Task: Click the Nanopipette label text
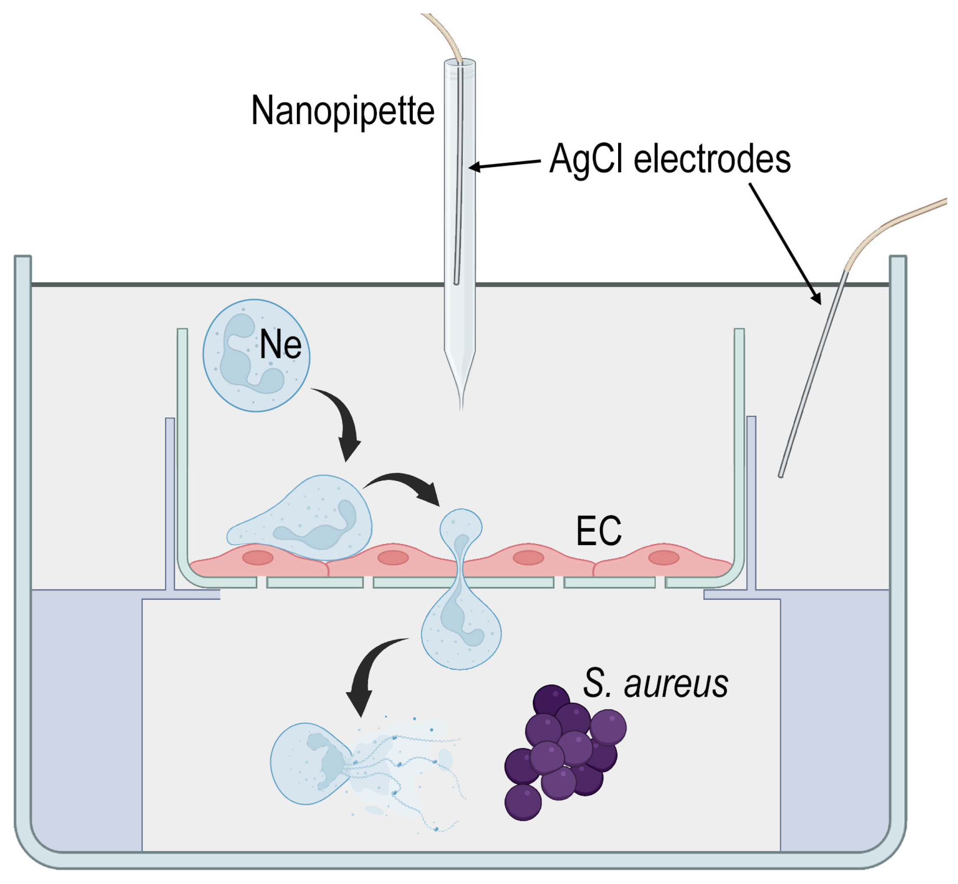click(x=343, y=111)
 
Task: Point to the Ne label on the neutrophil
click(x=280, y=345)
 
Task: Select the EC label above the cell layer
click(x=599, y=531)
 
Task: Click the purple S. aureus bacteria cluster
click(x=565, y=753)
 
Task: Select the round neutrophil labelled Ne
click(x=256, y=356)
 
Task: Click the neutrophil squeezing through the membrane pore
click(x=461, y=617)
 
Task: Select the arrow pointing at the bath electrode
click(x=785, y=244)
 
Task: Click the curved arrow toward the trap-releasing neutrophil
click(x=369, y=674)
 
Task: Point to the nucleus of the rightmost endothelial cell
click(x=664, y=558)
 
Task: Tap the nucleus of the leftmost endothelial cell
click(x=257, y=558)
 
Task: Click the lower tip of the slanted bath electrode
click(x=781, y=475)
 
